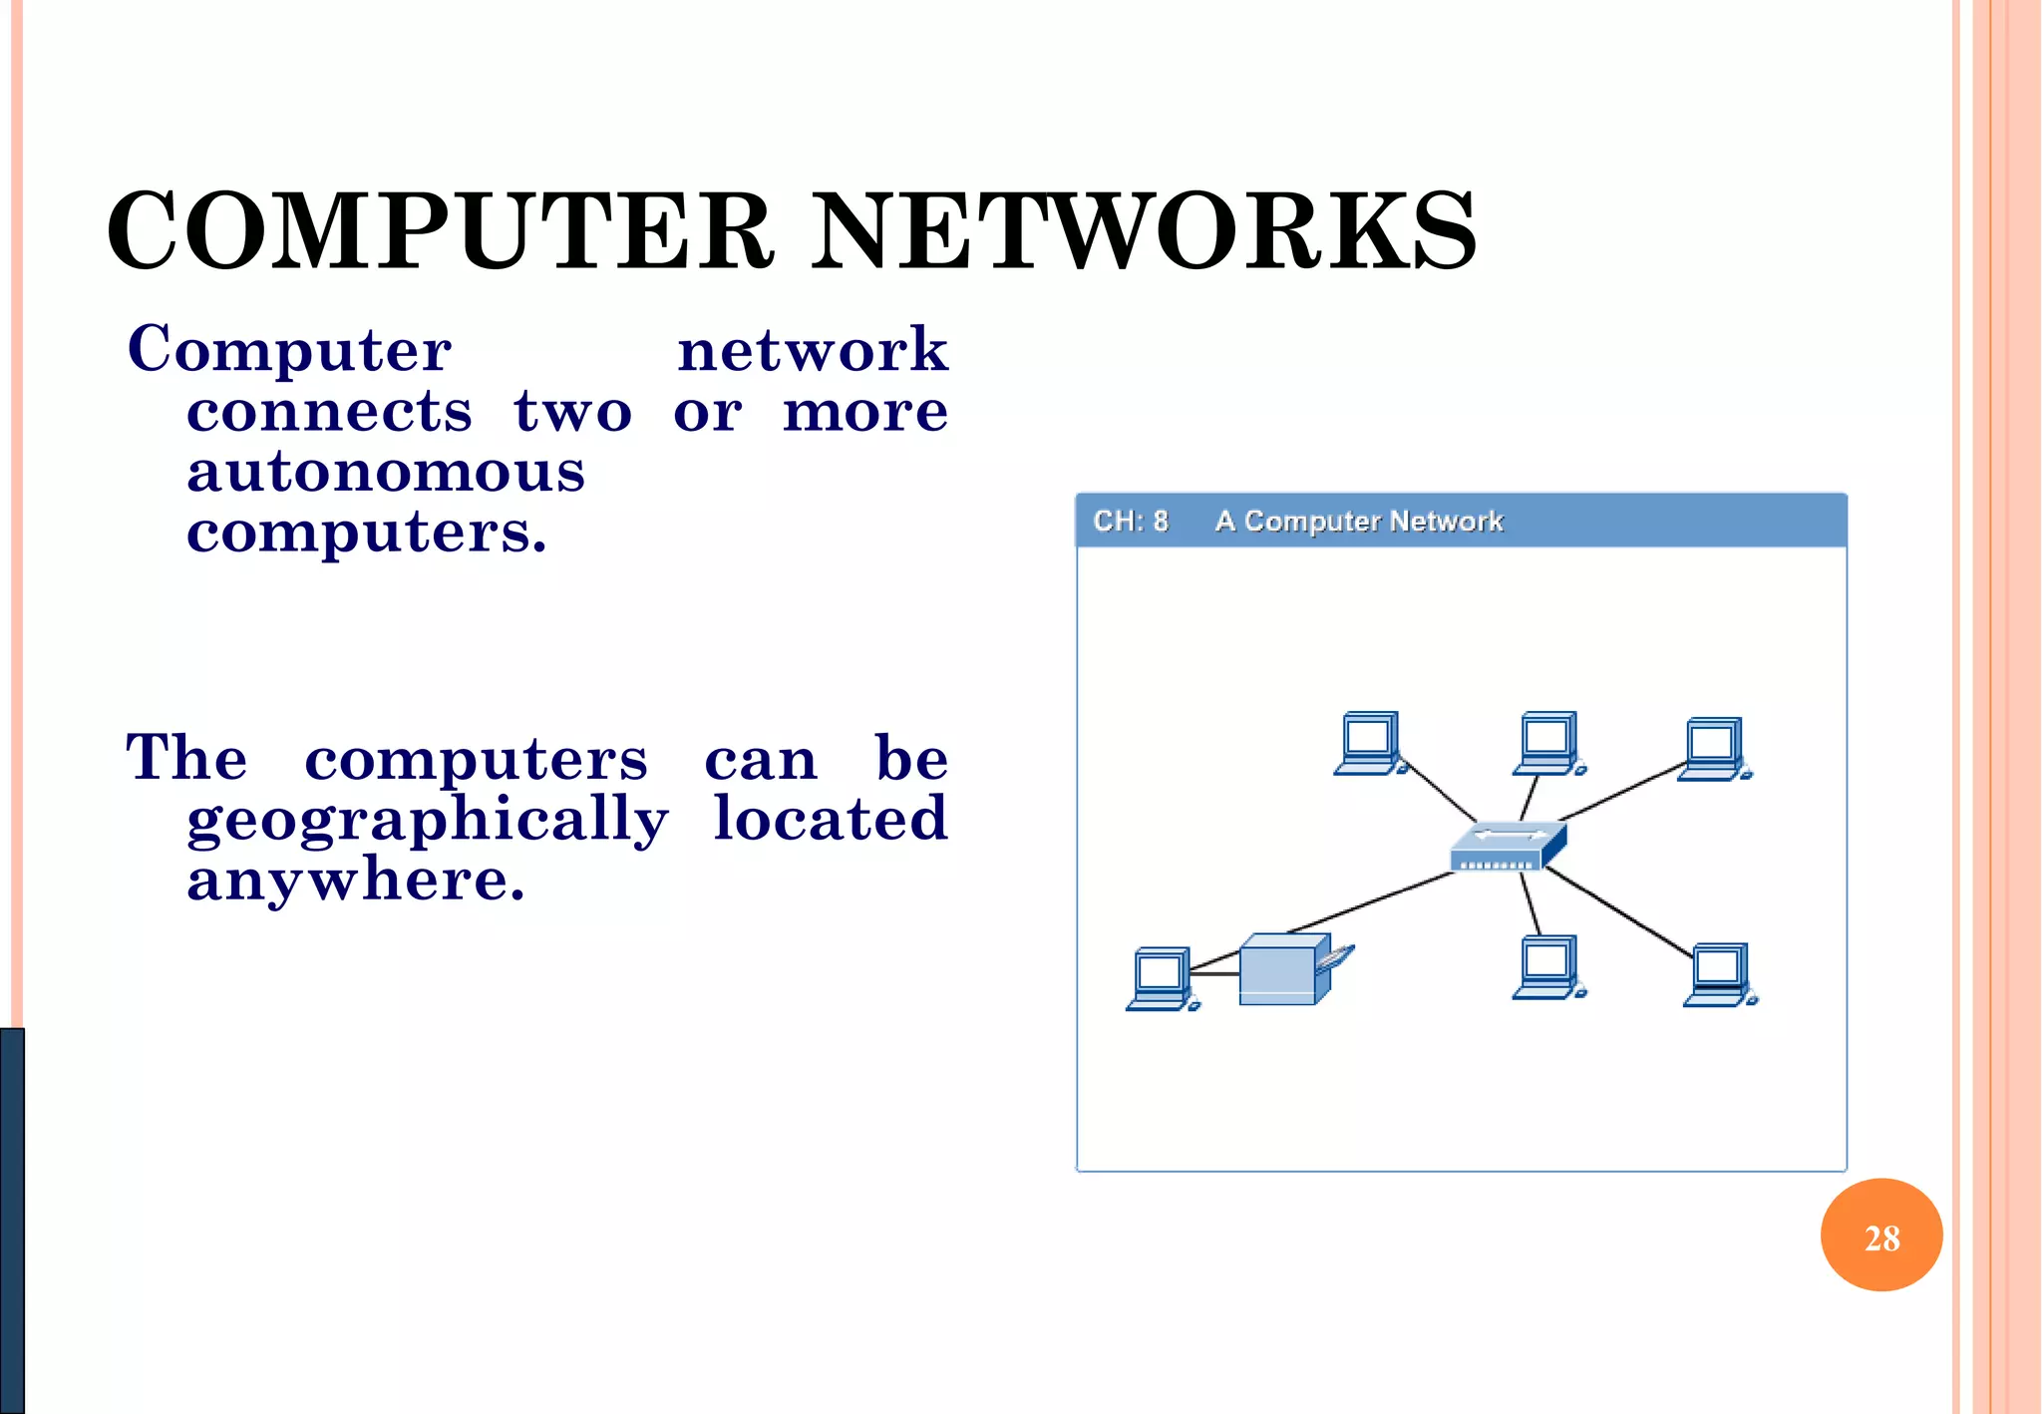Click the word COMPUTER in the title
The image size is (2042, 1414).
click(439, 231)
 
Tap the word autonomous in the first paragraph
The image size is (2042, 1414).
click(386, 473)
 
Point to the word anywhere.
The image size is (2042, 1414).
click(355, 881)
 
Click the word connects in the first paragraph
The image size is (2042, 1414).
click(329, 412)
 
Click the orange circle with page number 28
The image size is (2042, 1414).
click(1880, 1236)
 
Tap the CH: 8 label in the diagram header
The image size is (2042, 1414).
click(1130, 521)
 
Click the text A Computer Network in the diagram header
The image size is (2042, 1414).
click(1358, 521)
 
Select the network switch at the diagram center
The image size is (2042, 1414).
click(1507, 847)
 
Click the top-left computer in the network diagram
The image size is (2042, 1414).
click(1370, 743)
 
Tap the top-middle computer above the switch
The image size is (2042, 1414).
click(1548, 743)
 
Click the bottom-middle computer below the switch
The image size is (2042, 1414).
click(1548, 967)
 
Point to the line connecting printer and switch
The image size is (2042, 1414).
click(1371, 902)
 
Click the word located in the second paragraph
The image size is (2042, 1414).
click(830, 820)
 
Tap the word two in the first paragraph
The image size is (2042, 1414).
click(572, 412)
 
